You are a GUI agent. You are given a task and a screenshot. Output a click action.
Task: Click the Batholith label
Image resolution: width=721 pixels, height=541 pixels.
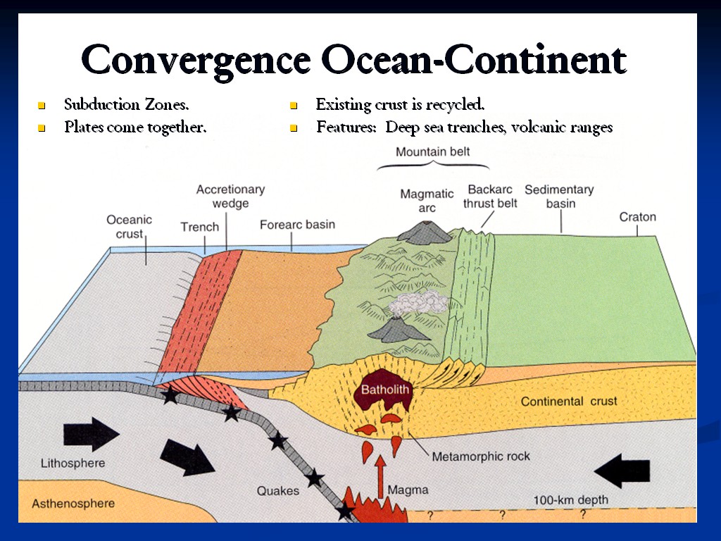coord(384,390)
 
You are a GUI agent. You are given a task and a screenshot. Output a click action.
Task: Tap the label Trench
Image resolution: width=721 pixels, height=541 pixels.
coord(200,227)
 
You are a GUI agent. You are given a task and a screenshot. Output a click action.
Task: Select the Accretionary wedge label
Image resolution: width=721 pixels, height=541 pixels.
coord(230,197)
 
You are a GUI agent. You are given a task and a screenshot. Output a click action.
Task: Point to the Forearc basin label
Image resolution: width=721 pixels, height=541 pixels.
coord(297,225)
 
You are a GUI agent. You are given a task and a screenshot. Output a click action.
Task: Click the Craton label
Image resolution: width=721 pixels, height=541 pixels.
coord(637,217)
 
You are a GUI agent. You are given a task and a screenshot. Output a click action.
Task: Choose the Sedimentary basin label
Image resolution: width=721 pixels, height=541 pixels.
coord(559,197)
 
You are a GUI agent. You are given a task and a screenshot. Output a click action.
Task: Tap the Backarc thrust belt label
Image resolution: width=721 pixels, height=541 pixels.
coord(490,197)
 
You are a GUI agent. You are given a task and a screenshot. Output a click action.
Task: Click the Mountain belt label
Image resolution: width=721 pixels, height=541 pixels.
coord(432,151)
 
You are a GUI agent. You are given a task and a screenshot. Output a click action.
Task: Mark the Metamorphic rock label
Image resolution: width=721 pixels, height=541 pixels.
coord(481,456)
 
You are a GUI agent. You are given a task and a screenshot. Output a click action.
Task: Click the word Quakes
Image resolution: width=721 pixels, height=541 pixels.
coord(277,490)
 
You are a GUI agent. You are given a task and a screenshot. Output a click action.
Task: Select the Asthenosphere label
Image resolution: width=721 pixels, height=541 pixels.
coord(73,504)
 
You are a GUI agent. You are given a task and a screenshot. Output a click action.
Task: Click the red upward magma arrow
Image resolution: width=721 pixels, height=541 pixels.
coord(381,475)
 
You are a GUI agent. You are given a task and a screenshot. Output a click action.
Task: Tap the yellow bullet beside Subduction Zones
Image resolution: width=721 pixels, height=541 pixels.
coord(41,106)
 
